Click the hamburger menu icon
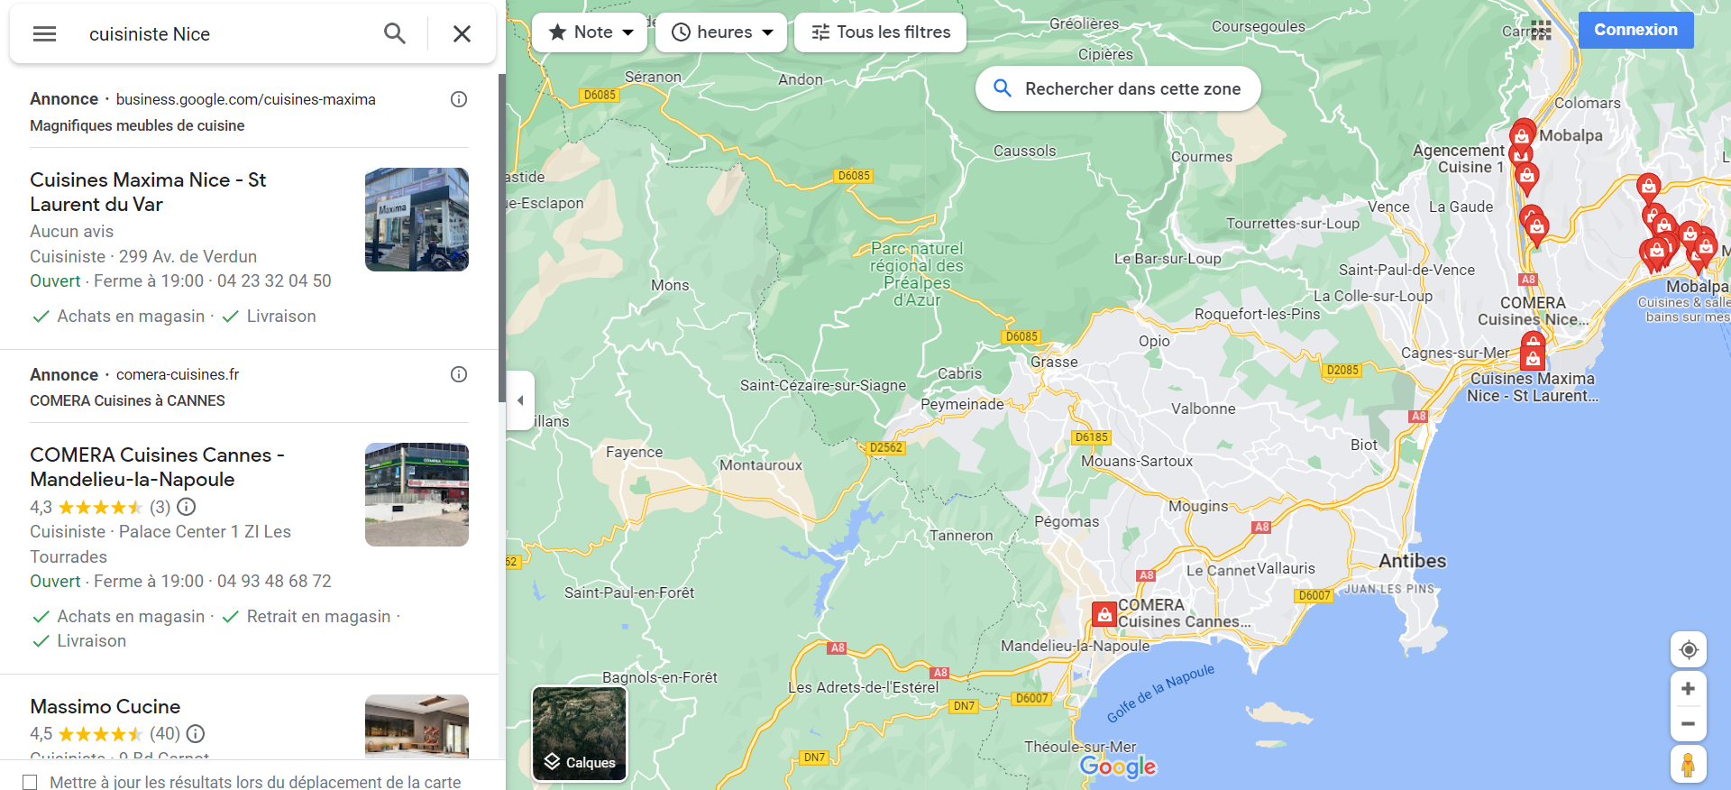click(x=44, y=34)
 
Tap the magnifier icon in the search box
click(x=394, y=34)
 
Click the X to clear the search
click(x=462, y=34)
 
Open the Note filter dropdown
click(x=591, y=32)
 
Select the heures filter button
click(x=722, y=32)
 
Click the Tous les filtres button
click(x=880, y=32)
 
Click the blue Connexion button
click(x=1635, y=30)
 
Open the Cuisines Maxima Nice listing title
click(x=148, y=191)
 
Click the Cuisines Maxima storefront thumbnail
click(x=417, y=219)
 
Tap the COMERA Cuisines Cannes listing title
click(x=157, y=466)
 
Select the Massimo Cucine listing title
click(x=105, y=706)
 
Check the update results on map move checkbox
click(x=30, y=782)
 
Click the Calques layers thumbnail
click(x=579, y=733)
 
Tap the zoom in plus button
click(x=1688, y=689)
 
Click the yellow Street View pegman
click(x=1688, y=765)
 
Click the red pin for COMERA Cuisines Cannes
click(x=1104, y=615)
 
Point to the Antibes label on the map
click(x=1412, y=561)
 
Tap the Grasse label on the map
click(x=1054, y=362)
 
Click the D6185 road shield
click(x=1091, y=437)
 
